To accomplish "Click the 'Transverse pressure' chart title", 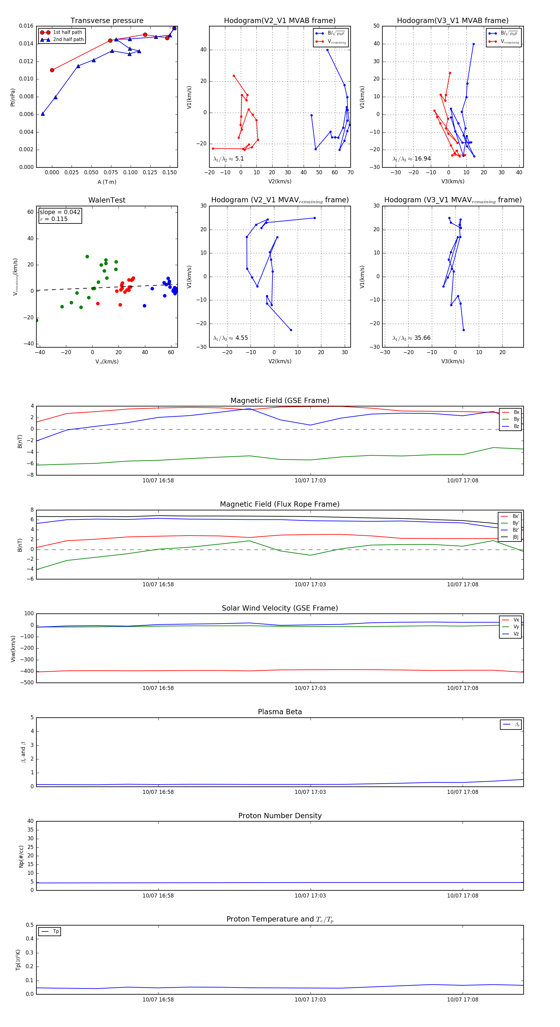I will pos(107,21).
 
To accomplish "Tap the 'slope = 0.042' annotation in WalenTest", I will pos(60,212).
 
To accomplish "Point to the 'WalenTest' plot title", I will pos(107,200).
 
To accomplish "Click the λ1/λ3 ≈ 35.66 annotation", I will pos(412,338).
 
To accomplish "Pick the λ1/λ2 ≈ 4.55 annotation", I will pos(230,338).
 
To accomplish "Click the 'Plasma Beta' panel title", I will pos(280,712).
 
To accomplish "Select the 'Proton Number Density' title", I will pos(280,816).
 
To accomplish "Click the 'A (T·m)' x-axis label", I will pos(107,182).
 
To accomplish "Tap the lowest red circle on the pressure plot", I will pos(52,70).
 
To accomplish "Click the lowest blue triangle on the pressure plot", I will pos(43,114).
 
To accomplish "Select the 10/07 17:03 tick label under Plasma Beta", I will pos(310,792).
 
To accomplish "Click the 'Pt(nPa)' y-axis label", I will pos(13,97).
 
